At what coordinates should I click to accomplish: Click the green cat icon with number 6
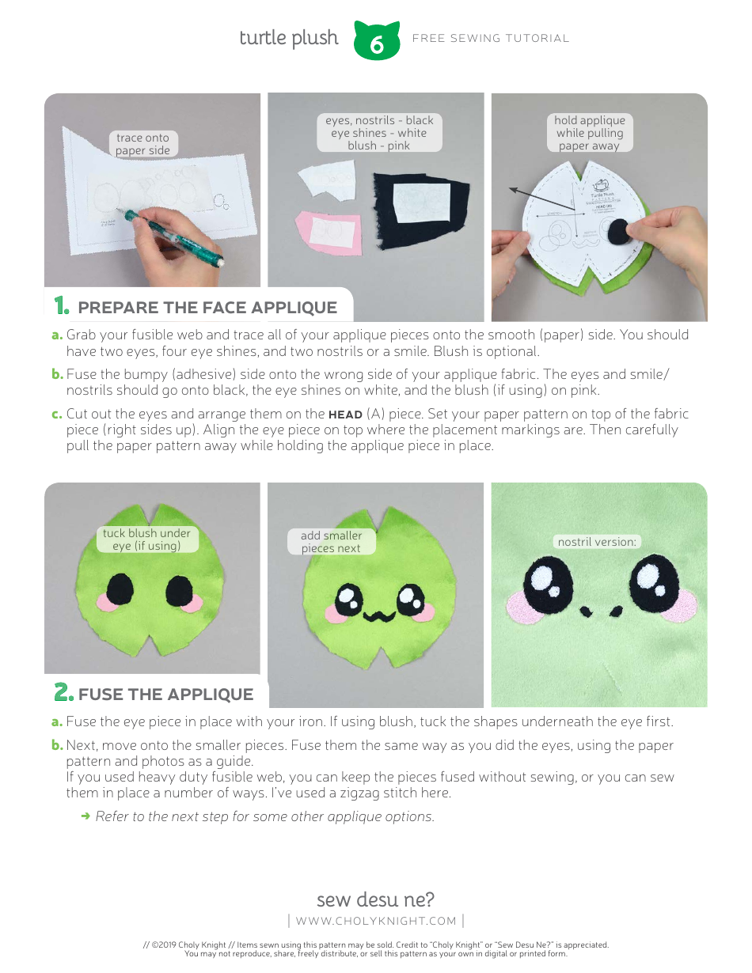click(x=377, y=41)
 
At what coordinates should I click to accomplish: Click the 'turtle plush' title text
click(x=289, y=38)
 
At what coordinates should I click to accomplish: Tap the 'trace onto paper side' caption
click(x=142, y=144)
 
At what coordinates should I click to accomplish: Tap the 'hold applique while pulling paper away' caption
click(x=590, y=133)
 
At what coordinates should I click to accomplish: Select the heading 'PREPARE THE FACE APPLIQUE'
click(x=207, y=308)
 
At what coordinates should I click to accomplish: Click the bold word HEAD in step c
click(x=345, y=415)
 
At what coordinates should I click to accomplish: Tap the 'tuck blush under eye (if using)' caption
click(x=146, y=540)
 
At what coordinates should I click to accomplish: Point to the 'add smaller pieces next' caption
click(x=331, y=542)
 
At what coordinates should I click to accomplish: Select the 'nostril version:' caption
click(x=597, y=542)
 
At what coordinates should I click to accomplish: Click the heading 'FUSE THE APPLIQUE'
click(x=165, y=695)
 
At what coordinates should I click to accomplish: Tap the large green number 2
click(x=63, y=692)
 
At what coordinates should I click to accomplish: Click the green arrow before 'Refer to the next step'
click(x=85, y=816)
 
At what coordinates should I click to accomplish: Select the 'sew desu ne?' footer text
click(x=375, y=900)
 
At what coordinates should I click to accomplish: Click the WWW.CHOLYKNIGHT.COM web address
click(x=376, y=921)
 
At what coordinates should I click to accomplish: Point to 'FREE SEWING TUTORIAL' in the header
click(x=491, y=38)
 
